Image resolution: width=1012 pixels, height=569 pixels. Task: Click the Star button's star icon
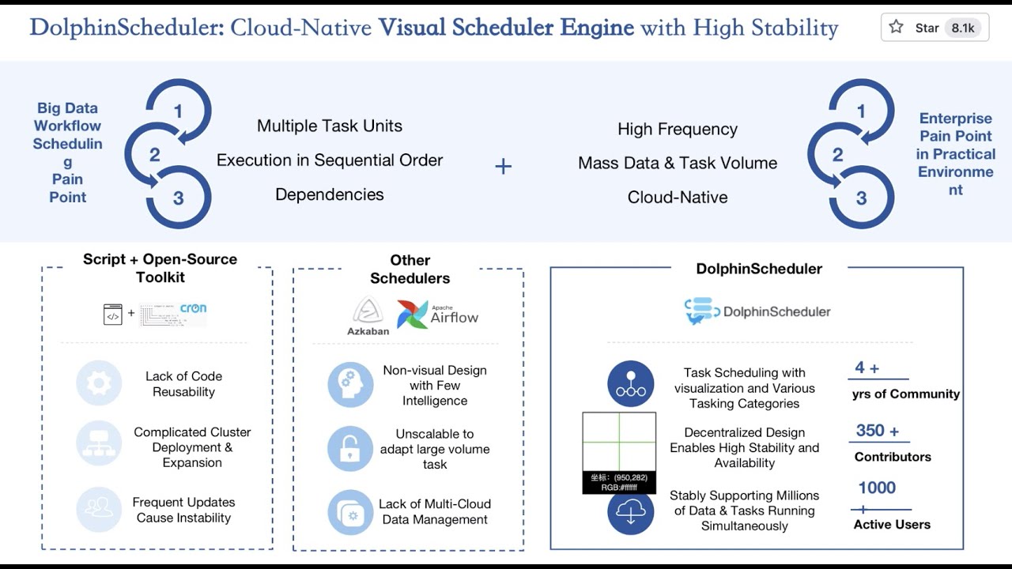pyautogui.click(x=896, y=28)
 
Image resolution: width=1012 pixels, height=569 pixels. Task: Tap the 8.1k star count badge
pyautogui.click(x=963, y=28)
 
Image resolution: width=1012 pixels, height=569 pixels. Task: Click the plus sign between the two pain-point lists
pyautogui.click(x=504, y=166)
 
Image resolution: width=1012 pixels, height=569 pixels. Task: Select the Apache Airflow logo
pyautogui.click(x=438, y=313)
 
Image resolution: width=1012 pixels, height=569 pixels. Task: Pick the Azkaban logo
pyautogui.click(x=368, y=315)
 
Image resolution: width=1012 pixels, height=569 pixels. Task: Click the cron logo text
pyautogui.click(x=193, y=309)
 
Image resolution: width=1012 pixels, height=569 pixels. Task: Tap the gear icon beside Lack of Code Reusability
pyautogui.click(x=99, y=383)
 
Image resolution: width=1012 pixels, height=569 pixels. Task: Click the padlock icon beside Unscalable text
pyautogui.click(x=350, y=449)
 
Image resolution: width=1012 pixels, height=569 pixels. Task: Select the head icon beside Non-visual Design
pyautogui.click(x=350, y=385)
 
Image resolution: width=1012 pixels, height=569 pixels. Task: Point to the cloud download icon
pyautogui.click(x=630, y=512)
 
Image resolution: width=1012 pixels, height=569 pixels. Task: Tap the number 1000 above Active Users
pyautogui.click(x=877, y=488)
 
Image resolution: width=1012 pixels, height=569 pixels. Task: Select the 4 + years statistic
pyautogui.click(x=867, y=367)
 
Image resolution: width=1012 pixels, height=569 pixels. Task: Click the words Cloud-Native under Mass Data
pyautogui.click(x=678, y=198)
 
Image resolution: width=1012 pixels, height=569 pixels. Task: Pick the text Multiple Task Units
pyautogui.click(x=330, y=126)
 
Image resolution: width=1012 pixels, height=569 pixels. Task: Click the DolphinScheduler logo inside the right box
pyautogui.click(x=757, y=311)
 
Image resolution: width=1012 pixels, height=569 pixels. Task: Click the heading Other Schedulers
pyautogui.click(x=410, y=269)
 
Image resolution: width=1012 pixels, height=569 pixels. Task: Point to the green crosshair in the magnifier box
pyautogui.click(x=619, y=442)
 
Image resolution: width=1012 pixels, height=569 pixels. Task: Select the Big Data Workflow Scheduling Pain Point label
pyautogui.click(x=68, y=153)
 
